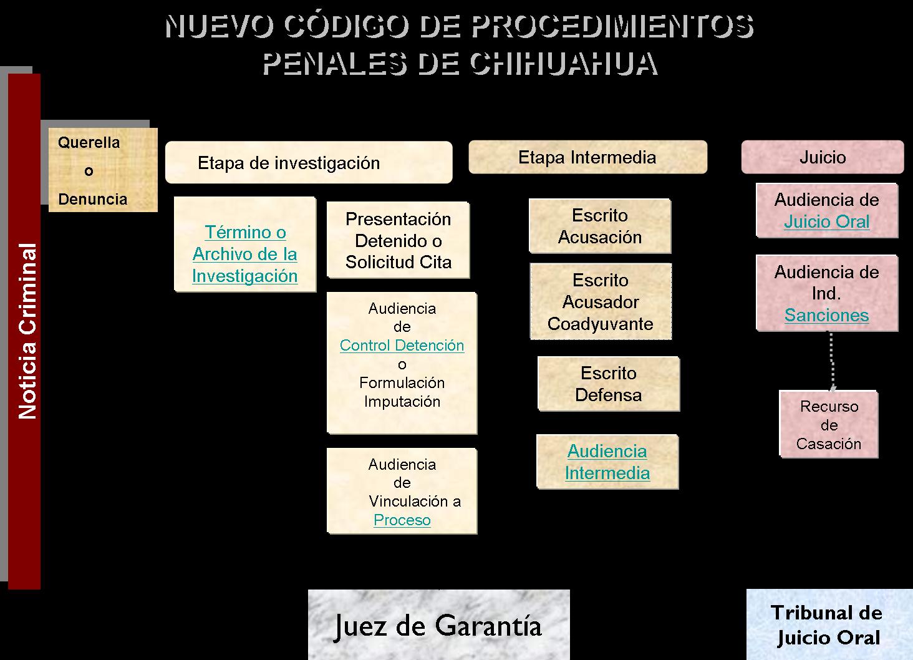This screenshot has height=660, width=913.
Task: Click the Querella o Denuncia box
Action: (103, 170)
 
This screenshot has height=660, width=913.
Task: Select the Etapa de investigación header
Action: (309, 162)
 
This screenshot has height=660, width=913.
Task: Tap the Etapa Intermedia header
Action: (587, 157)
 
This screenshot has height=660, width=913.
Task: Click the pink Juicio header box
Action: (823, 157)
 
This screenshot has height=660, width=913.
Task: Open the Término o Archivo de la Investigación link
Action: (245, 254)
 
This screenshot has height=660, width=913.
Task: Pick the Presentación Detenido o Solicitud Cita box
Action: (399, 240)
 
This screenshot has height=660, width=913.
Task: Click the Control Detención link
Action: (402, 346)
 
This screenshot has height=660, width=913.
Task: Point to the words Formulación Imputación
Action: (402, 392)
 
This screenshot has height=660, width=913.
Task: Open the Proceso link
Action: (402, 520)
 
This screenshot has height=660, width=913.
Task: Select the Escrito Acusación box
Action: (600, 226)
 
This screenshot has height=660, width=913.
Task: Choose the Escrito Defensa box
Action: (609, 384)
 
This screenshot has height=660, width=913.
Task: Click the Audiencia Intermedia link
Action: (607, 462)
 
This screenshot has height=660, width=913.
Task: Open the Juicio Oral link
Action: (826, 221)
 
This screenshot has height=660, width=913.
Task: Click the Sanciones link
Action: (826, 314)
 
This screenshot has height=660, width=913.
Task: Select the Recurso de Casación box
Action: (829, 424)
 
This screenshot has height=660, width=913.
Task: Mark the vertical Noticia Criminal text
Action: (27, 331)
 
